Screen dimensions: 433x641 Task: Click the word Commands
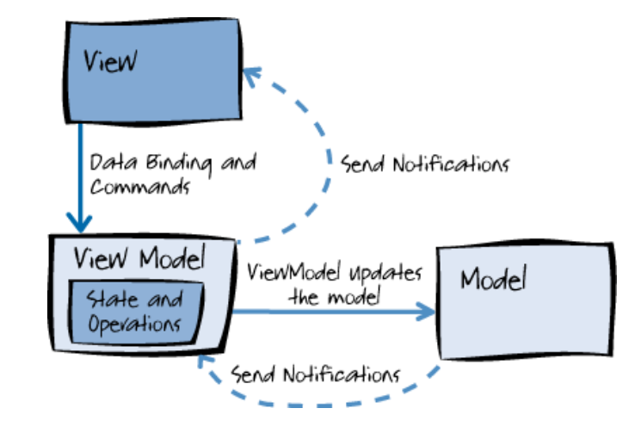[x=140, y=185]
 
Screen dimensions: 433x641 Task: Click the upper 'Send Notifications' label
[x=425, y=163]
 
